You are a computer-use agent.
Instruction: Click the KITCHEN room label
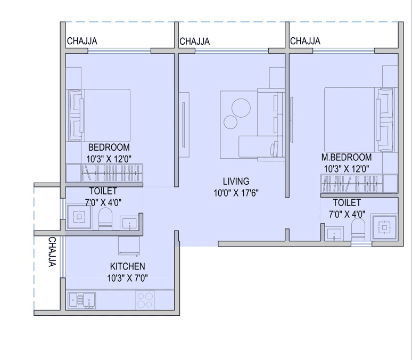pos(127,266)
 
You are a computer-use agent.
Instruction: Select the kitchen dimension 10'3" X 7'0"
pos(127,277)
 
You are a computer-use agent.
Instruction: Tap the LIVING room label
pos(236,182)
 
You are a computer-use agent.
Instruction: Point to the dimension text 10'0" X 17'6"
pos(236,193)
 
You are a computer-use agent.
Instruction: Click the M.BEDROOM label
pos(346,158)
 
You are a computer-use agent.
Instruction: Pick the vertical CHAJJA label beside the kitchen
pos(52,252)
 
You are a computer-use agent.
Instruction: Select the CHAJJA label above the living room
pos(194,42)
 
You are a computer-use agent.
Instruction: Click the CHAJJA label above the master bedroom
pos(305,42)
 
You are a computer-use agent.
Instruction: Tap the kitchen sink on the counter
pos(81,301)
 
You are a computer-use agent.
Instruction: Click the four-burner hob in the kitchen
pos(144,300)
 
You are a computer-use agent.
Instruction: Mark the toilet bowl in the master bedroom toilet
pos(359,230)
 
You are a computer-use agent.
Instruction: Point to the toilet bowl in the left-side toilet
pos(106,218)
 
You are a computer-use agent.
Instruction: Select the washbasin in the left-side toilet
pos(128,223)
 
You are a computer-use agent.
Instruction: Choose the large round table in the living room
pos(241,109)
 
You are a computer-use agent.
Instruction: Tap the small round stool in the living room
pos(229,122)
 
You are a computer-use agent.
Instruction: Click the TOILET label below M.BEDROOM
pos(347,203)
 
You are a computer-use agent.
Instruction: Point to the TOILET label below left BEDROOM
pos(103,191)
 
